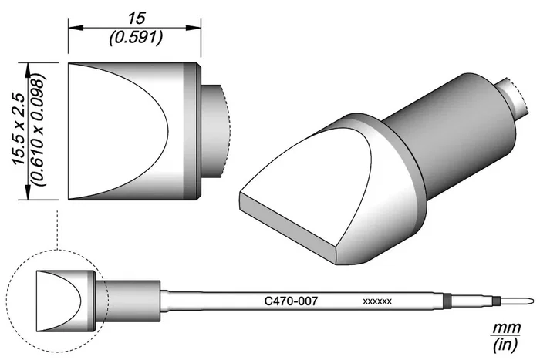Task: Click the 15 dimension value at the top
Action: click(137, 19)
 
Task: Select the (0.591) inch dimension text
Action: click(136, 38)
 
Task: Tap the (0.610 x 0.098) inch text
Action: click(39, 130)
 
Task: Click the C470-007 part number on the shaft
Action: click(291, 301)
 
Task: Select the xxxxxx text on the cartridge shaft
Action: click(377, 301)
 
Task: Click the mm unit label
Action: click(506, 328)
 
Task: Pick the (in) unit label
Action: click(505, 344)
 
